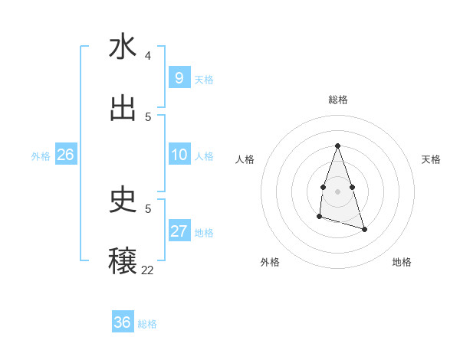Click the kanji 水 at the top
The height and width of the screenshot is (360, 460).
pos(123,47)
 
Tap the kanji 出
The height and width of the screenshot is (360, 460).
pos(123,108)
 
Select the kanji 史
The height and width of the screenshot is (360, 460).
pos(123,200)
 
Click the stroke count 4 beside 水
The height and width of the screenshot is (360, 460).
pos(148,56)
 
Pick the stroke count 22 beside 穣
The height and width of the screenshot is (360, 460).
pos(147,270)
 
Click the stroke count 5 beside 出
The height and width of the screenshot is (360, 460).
pos(148,117)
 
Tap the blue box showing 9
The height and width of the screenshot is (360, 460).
pos(179,77)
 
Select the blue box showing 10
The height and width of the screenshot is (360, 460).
pos(179,155)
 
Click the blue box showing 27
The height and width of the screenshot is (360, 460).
pos(179,231)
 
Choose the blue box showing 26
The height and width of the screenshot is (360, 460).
pos(65,155)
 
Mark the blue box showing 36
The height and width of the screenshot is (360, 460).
pos(122,322)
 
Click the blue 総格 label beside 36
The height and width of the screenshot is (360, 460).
pos(147,324)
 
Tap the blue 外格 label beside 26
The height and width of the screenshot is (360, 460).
pos(41,156)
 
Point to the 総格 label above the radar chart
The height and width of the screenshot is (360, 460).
pos(337,100)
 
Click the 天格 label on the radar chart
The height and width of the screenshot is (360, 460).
pos(431,159)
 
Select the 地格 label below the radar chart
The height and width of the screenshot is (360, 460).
pos(402,262)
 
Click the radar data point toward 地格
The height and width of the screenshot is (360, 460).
pos(364,229)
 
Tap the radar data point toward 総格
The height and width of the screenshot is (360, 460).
pos(337,146)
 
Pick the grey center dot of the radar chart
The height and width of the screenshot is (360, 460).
pos(337,190)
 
